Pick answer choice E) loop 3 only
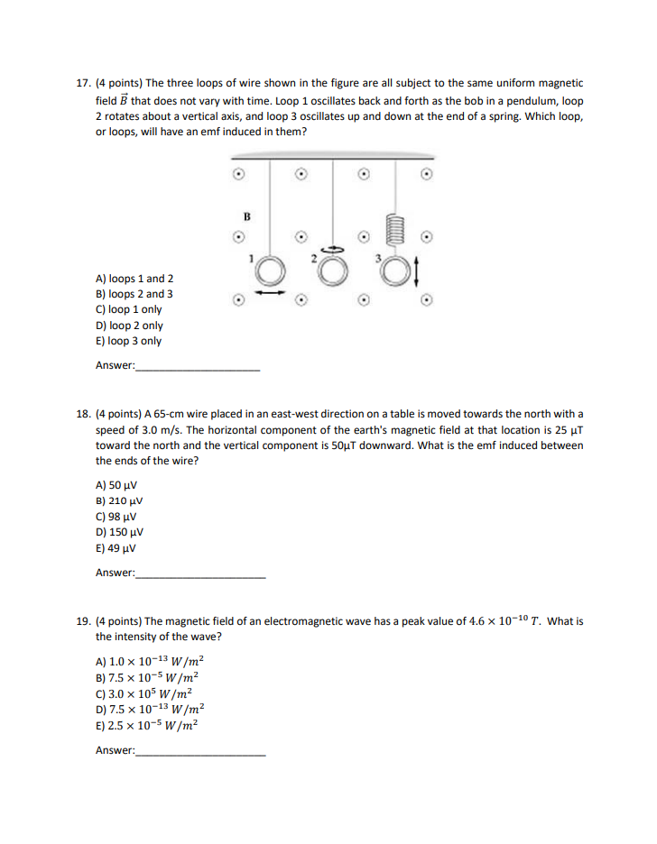point(129,341)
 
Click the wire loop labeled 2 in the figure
point(332,271)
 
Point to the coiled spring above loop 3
point(393,234)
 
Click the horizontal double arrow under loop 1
point(269,292)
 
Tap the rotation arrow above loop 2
point(332,250)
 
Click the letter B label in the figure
point(245,216)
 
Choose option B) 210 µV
point(119,500)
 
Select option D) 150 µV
point(120,532)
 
